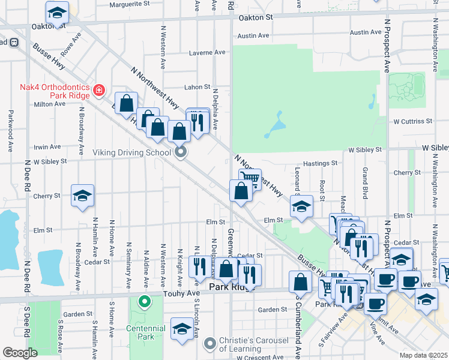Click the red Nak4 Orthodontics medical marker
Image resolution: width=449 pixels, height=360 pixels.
(x=100, y=91)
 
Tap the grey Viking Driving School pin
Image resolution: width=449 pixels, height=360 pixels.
(x=181, y=152)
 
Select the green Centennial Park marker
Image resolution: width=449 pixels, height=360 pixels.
(x=143, y=301)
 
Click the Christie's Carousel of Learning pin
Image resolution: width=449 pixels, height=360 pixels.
(x=209, y=344)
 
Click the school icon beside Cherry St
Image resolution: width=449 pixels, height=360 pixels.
(x=83, y=195)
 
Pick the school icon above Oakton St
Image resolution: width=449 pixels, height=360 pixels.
(x=57, y=12)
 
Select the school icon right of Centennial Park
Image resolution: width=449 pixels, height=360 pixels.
(x=181, y=329)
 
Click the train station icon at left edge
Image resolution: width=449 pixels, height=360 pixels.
(x=13, y=43)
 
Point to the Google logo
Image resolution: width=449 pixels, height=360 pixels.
(x=20, y=353)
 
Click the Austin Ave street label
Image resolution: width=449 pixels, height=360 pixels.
(x=253, y=36)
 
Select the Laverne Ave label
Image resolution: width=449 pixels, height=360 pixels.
(x=206, y=53)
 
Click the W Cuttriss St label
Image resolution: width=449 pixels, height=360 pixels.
(x=414, y=121)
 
